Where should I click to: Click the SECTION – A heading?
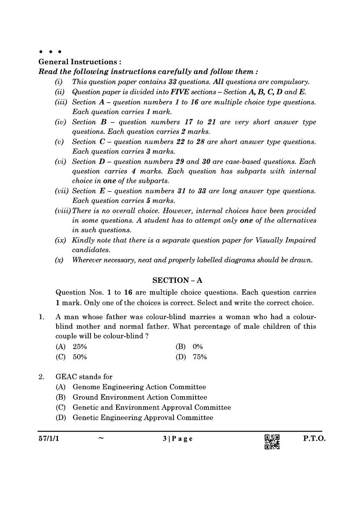click(178, 280)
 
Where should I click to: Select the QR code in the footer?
click(272, 442)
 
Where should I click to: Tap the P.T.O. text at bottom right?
click(314, 439)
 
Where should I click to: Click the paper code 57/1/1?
click(48, 439)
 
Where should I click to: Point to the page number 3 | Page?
click(178, 439)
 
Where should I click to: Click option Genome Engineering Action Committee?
click(139, 387)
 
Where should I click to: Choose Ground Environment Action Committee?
click(140, 397)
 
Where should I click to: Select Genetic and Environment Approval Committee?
click(151, 408)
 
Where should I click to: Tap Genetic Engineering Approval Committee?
click(143, 418)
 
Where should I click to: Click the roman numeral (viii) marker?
click(63, 211)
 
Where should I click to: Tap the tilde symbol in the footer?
click(101, 439)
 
